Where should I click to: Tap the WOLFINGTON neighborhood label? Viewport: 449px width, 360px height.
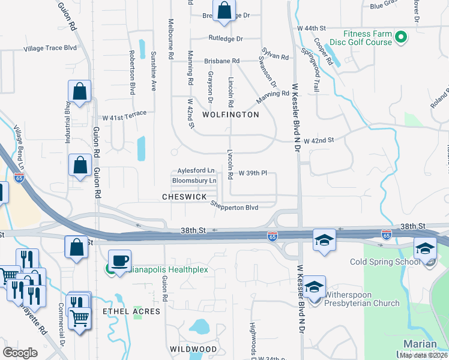(x=231, y=115)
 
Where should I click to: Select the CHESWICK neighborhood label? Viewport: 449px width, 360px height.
(x=184, y=197)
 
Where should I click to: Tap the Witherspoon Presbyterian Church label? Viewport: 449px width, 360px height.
(x=362, y=299)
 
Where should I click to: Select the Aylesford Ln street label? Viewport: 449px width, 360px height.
(x=196, y=171)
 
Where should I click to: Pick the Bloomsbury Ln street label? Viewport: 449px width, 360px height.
(x=194, y=181)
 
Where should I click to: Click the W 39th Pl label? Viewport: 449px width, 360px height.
(x=252, y=173)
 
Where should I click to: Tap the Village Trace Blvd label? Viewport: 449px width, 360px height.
(x=50, y=48)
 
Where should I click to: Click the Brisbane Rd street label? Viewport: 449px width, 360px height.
(x=221, y=61)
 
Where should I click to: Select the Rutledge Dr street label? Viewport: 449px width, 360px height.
(x=225, y=39)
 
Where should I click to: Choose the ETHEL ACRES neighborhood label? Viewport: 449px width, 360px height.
(x=131, y=311)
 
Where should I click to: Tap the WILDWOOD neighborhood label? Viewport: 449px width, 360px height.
(x=193, y=349)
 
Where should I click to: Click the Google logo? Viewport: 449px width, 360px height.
(x=20, y=352)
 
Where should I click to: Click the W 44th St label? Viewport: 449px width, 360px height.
(x=311, y=28)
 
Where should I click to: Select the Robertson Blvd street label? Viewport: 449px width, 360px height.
(x=131, y=77)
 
